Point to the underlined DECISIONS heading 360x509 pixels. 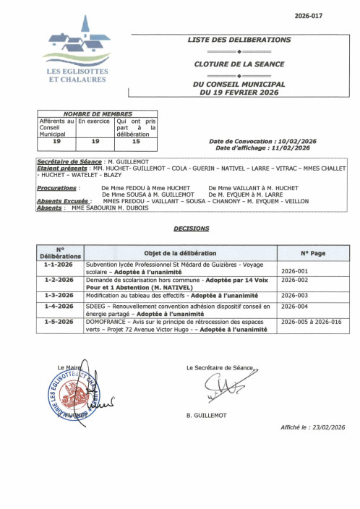pyautogui.click(x=192, y=228)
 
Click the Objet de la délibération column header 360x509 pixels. pyautogui.click(x=180, y=253)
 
